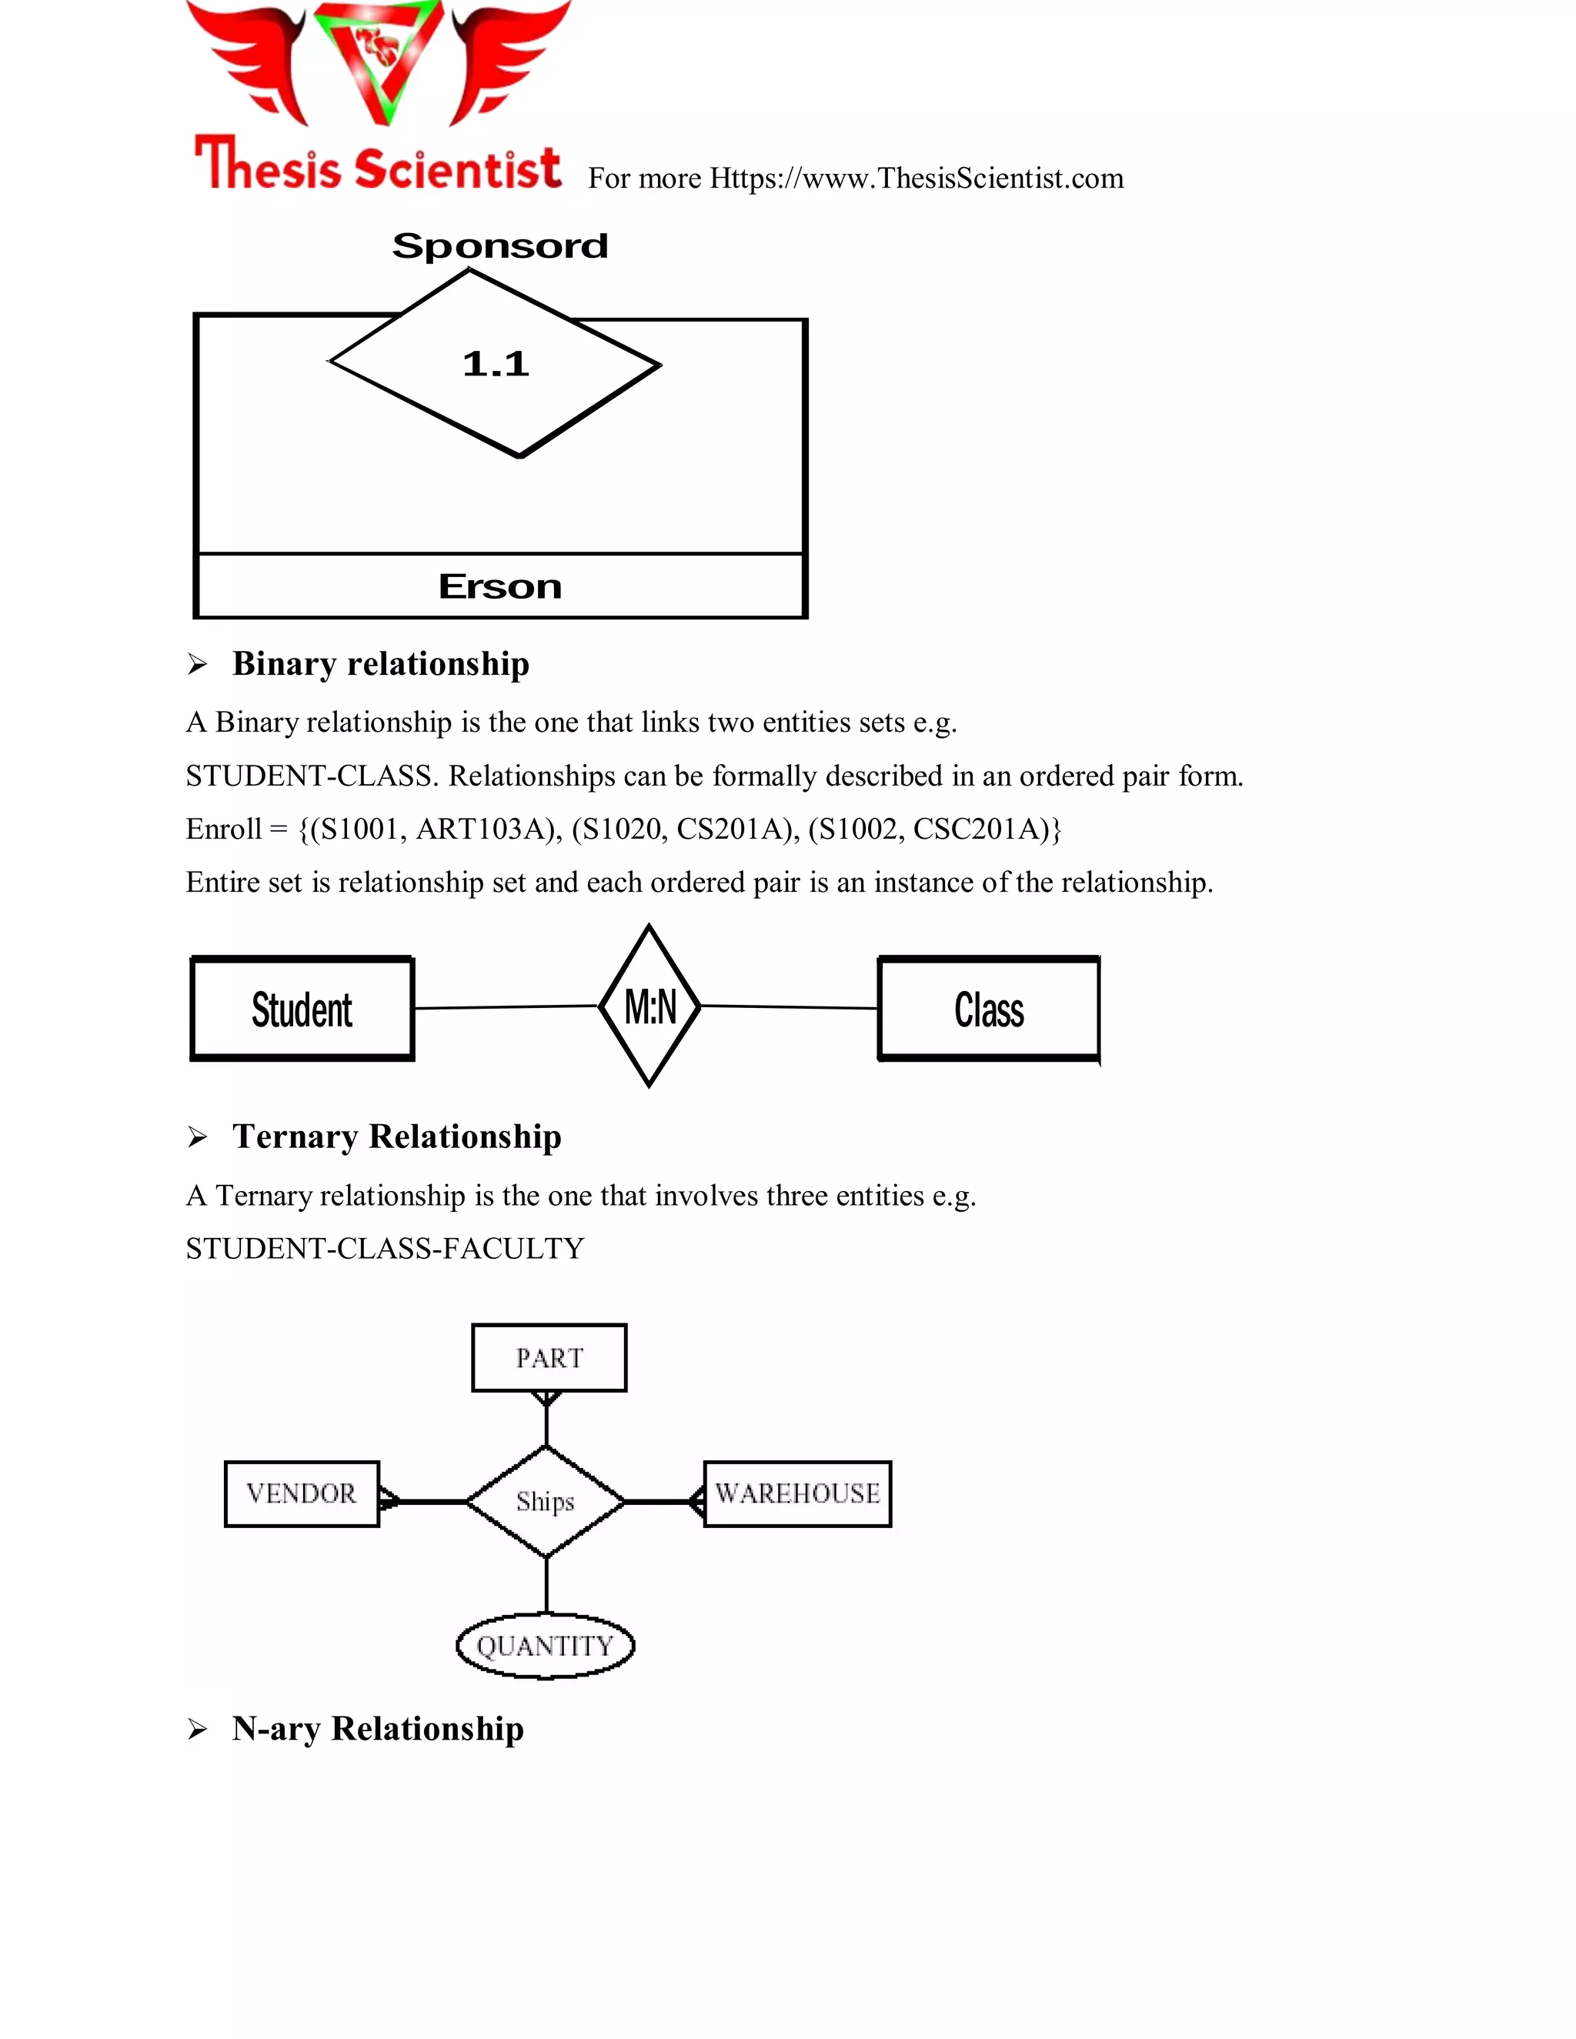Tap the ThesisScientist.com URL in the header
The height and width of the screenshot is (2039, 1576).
click(916, 179)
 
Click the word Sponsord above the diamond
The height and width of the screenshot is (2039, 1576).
click(499, 246)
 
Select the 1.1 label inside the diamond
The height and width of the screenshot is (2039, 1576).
click(496, 364)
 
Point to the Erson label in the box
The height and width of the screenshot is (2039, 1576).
click(499, 587)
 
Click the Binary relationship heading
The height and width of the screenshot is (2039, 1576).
click(380, 664)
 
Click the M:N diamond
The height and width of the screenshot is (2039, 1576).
click(649, 1006)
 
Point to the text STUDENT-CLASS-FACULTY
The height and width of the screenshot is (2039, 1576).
click(385, 1248)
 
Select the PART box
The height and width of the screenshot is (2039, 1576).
click(549, 1358)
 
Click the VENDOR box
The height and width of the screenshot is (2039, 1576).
click(302, 1493)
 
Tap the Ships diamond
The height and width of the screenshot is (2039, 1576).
click(546, 1501)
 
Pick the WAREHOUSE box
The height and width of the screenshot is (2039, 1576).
click(797, 1493)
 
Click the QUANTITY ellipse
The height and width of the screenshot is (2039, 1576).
click(546, 1646)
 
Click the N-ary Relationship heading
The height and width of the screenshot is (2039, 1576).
click(377, 1729)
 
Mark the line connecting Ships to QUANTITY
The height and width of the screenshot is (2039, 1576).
click(546, 1584)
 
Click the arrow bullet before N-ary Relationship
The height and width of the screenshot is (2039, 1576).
click(197, 1730)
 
